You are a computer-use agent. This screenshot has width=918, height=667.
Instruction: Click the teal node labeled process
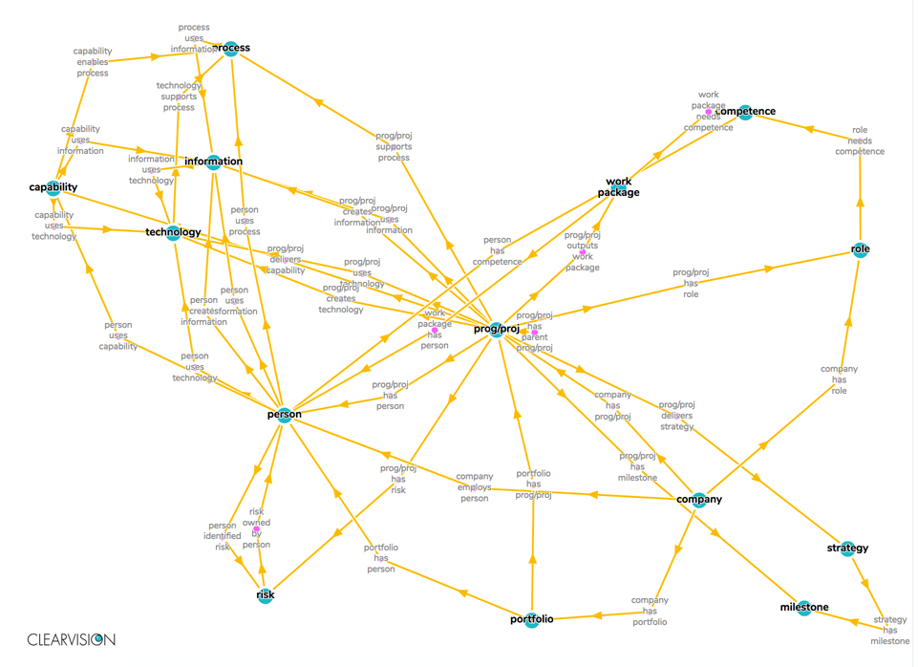[x=230, y=49]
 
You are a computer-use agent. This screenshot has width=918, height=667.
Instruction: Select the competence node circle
[x=745, y=113]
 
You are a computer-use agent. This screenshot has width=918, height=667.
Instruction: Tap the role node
[x=860, y=250]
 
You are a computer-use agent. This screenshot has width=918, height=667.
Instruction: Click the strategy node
[x=847, y=549]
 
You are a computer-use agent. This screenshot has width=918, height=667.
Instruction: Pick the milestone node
[x=804, y=608]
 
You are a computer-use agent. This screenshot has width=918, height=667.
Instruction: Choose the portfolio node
[x=532, y=620]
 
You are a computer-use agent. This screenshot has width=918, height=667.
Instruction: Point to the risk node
[x=266, y=595]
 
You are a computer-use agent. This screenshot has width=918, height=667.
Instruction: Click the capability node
[x=53, y=188]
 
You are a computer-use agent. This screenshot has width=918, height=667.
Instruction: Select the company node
[x=699, y=500]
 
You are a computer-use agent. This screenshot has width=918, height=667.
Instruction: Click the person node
[x=285, y=415]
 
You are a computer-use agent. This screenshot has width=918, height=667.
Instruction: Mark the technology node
[x=174, y=232]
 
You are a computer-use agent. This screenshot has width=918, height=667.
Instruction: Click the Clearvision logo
[x=71, y=639]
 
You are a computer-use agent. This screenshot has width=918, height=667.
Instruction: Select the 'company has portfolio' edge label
[x=650, y=611]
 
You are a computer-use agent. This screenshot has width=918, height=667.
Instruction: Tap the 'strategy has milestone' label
[x=890, y=630]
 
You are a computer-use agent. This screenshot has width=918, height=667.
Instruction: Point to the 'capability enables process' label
[x=93, y=62]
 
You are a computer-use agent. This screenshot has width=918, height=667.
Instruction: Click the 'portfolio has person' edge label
[x=380, y=558]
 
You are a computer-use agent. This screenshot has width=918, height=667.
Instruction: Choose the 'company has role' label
[x=839, y=379]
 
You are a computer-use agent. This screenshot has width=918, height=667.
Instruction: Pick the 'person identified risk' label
[x=223, y=536]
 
